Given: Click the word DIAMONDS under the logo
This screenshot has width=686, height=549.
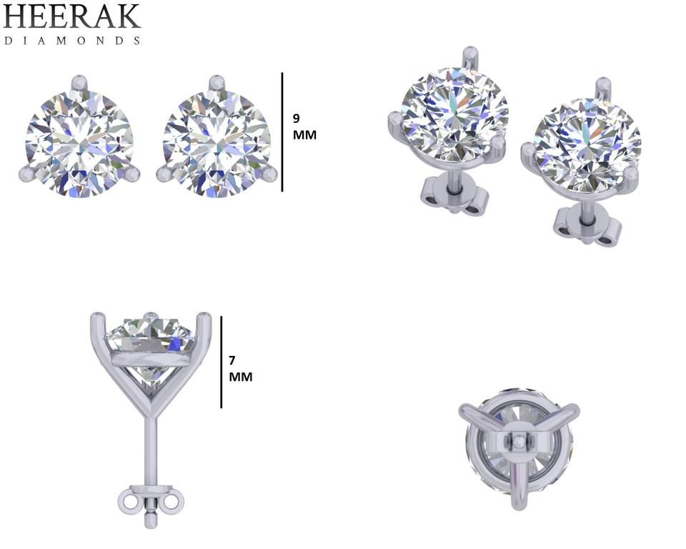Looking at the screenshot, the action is [x=72, y=41].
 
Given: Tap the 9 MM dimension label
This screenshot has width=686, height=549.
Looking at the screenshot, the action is [x=304, y=127].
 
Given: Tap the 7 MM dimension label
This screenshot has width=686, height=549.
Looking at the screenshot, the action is [x=241, y=369].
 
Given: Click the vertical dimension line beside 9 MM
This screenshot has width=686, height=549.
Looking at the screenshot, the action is [x=282, y=132].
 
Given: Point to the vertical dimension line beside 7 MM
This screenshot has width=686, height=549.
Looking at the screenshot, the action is [x=222, y=362].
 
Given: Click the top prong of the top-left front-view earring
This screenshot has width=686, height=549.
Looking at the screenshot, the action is [x=79, y=83].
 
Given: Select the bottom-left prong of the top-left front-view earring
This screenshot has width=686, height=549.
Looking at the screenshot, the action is [x=29, y=174].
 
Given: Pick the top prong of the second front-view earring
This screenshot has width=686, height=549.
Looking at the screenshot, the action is [x=215, y=83].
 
